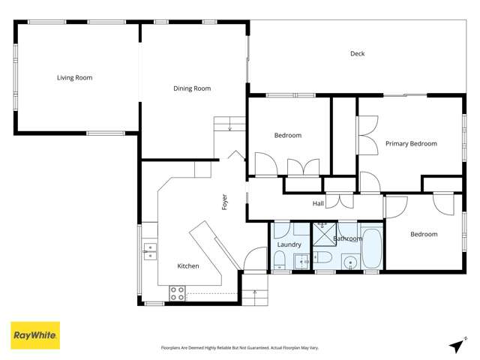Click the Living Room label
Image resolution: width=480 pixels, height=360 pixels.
(x=74, y=77)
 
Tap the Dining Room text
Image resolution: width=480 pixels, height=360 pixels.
(x=192, y=88)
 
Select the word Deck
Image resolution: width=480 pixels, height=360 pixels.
(x=357, y=53)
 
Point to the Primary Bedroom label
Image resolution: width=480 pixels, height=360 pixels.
(x=411, y=143)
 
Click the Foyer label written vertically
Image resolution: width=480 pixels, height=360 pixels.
(x=224, y=202)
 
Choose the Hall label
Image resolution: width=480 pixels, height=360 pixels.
(x=318, y=203)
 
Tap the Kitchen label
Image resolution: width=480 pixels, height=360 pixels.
(x=187, y=266)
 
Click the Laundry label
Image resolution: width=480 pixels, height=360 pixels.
(x=289, y=244)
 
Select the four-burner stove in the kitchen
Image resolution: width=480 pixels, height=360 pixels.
(x=177, y=293)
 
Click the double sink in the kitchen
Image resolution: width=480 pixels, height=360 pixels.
(x=148, y=250)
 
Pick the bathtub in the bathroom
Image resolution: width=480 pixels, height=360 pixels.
(x=371, y=247)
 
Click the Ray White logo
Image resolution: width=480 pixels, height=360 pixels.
(x=34, y=335)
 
